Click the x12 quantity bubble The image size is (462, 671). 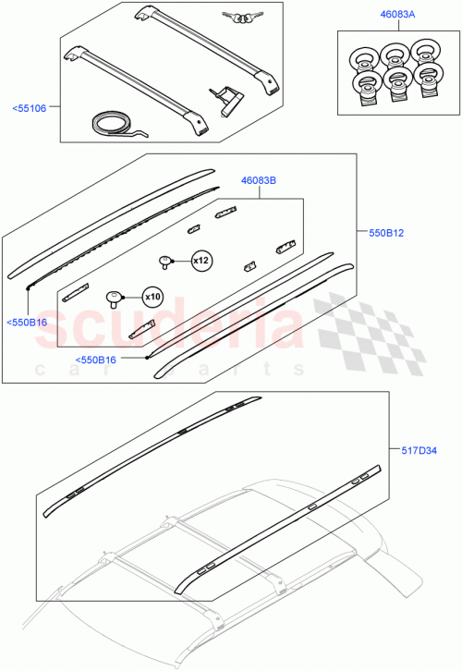201,262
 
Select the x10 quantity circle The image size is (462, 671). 151,298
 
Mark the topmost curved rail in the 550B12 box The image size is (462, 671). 111,216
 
